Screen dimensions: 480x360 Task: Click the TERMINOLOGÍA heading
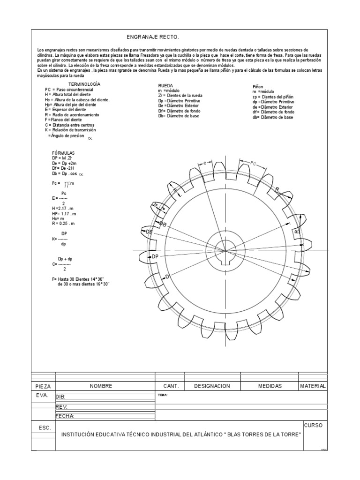[85, 84]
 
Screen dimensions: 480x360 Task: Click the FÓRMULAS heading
[63, 153]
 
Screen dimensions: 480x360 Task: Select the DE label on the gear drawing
[149, 232]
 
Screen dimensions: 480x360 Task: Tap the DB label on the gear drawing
[163, 225]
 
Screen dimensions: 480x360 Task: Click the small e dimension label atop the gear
[205, 163]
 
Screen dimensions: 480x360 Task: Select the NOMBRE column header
[101, 386]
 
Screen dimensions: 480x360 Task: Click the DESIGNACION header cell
[212, 386]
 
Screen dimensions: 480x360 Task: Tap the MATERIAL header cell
[313, 386]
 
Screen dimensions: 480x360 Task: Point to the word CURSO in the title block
[313, 425]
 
